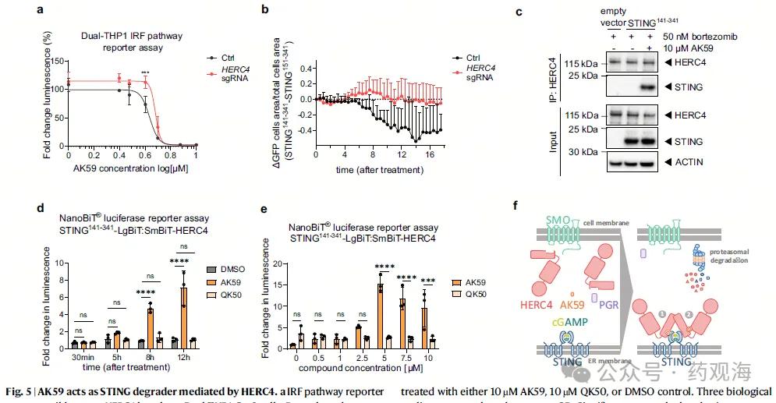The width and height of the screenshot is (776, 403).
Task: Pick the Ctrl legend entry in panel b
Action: click(475, 57)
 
